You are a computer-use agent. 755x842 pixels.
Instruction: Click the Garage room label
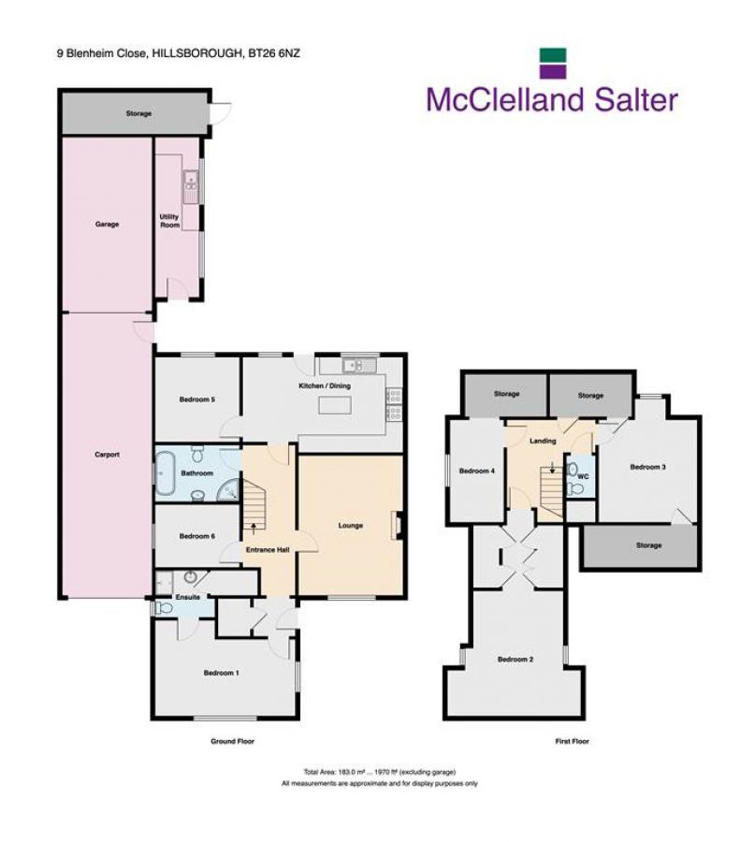106,225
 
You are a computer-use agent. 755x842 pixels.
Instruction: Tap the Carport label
106,456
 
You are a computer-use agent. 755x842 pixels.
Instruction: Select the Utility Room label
170,221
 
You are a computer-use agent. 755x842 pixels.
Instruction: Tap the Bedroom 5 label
197,399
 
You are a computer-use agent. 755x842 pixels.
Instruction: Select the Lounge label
351,526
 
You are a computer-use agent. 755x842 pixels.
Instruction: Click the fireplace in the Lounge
399,526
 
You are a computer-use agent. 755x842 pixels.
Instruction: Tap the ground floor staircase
254,505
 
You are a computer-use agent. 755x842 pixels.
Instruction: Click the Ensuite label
188,596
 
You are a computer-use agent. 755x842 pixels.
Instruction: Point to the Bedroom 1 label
223,673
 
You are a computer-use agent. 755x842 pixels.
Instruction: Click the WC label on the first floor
583,476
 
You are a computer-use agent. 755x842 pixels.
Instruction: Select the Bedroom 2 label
515,660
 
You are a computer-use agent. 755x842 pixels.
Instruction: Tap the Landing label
543,441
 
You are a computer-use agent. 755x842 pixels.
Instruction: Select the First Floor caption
571,741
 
